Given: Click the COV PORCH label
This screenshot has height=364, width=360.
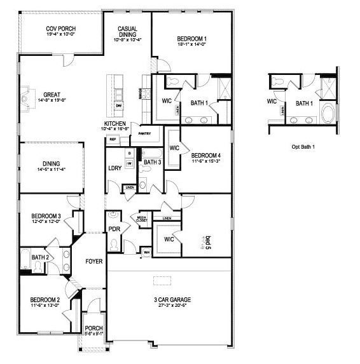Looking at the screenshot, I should tap(62, 29).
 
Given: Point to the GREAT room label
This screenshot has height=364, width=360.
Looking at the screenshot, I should tap(52, 95).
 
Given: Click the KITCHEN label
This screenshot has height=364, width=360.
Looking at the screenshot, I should tap(115, 124).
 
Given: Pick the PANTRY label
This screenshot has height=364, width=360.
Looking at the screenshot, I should tap(144, 133).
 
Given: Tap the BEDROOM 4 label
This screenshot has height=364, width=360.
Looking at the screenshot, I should tap(207, 155).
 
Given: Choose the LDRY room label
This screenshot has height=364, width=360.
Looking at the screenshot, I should tap(114, 168).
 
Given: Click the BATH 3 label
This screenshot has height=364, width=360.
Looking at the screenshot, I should tap(153, 163).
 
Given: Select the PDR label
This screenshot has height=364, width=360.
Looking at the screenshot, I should tap(114, 229).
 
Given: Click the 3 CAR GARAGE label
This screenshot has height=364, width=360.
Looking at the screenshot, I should tap(171, 300).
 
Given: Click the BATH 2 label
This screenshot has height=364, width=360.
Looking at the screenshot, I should tap(40, 257).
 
